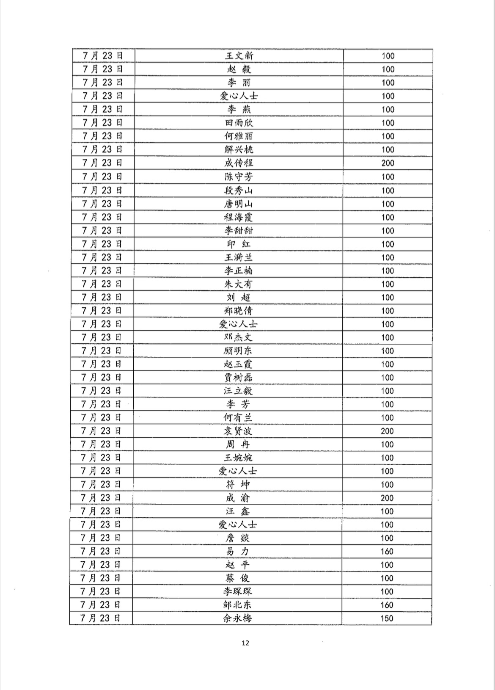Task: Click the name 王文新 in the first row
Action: [239, 55]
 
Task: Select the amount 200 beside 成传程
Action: [388, 163]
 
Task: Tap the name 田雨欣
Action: [239, 123]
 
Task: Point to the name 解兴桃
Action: [239, 149]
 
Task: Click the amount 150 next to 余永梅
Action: [387, 618]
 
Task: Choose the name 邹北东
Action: [238, 605]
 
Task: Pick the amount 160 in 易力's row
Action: [387, 551]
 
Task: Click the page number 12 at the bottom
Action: [246, 643]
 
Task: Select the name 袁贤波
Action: [238, 431]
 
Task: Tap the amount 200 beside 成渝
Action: [387, 498]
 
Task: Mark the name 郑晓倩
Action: [238, 311]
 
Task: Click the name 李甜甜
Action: [239, 230]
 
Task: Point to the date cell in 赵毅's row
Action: [103, 69]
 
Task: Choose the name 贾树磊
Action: [238, 377]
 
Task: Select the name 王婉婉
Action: [238, 458]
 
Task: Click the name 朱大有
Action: [238, 284]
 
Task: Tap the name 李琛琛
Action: [238, 591]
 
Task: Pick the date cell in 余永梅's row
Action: [101, 618]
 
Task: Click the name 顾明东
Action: [238, 351]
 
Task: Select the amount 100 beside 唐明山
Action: [388, 204]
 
